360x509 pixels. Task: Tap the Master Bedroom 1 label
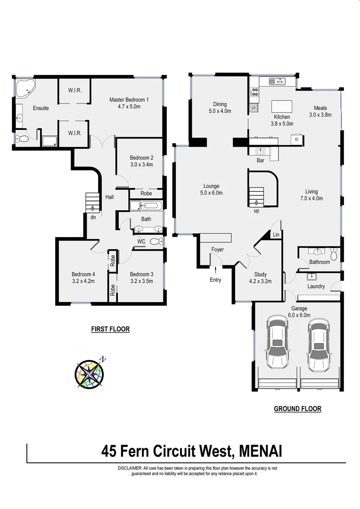coord(129,99)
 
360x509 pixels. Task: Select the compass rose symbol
coord(90,374)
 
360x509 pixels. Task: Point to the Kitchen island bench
coord(282,106)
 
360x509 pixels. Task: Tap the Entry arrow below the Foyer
coord(215,270)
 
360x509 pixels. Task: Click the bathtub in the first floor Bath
coord(150,206)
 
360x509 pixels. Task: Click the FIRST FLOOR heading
coord(110,329)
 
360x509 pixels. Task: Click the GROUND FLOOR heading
coord(297,409)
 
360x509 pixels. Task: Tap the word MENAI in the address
coord(261,452)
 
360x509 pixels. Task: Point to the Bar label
coord(261,160)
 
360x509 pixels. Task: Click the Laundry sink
coord(311,277)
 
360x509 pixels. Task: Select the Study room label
coord(260,274)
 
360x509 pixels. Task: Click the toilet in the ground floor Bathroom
coord(334,254)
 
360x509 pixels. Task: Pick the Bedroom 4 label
coord(83,274)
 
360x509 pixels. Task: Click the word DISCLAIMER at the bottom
coord(130,468)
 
